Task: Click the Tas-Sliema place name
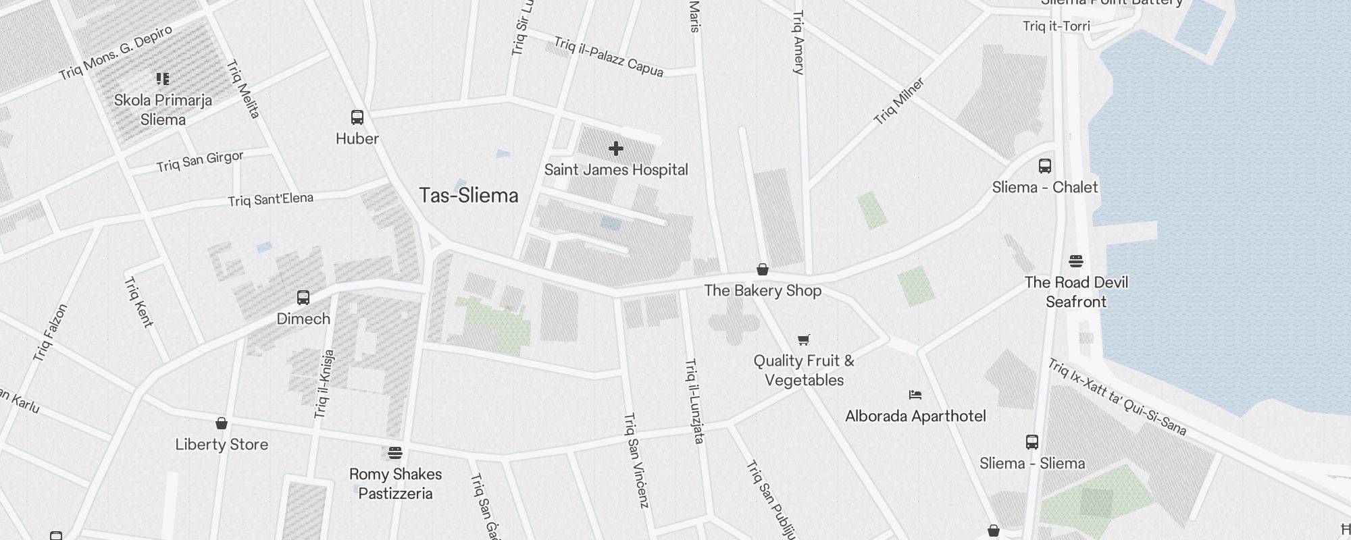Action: pyautogui.click(x=469, y=196)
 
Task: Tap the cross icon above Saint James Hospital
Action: pyautogui.click(x=615, y=148)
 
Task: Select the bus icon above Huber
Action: pyautogui.click(x=357, y=117)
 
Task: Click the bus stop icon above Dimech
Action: pyautogui.click(x=303, y=298)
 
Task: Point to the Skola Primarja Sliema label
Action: pyautogui.click(x=163, y=109)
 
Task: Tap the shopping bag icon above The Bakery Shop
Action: pyautogui.click(x=763, y=270)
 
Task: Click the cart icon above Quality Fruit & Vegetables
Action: pyautogui.click(x=803, y=340)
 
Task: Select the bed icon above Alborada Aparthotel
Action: pyautogui.click(x=915, y=395)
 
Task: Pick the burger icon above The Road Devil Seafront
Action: pyautogui.click(x=1076, y=261)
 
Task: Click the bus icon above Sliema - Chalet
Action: pyautogui.click(x=1045, y=166)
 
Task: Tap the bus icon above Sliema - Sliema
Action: pyautogui.click(x=1032, y=442)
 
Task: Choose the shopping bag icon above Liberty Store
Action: pyautogui.click(x=222, y=424)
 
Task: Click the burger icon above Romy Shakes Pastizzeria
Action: pyautogui.click(x=395, y=453)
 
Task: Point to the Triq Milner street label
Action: pyautogui.click(x=898, y=102)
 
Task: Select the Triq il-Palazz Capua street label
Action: pyautogui.click(x=609, y=57)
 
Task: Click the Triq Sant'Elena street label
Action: pyautogui.click(x=270, y=200)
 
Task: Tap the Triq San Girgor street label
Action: pyautogui.click(x=200, y=162)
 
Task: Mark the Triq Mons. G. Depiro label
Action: pyautogui.click(x=116, y=53)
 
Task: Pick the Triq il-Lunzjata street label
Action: pyautogui.click(x=694, y=401)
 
